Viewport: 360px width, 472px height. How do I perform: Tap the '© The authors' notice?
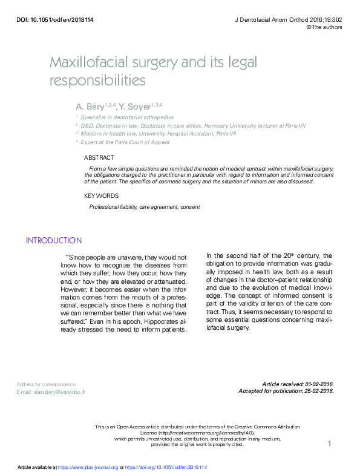[x=324, y=27]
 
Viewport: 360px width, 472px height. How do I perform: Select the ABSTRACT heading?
[x=99, y=158]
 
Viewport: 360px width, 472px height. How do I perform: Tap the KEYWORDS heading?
[x=101, y=195]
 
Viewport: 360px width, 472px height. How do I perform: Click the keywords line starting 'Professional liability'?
[x=145, y=207]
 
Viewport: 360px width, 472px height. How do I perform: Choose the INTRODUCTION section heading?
[x=54, y=240]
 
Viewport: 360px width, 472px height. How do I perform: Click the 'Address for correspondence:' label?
[x=47, y=384]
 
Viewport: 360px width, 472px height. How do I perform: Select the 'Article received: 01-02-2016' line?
[x=298, y=384]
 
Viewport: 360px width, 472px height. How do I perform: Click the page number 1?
[x=329, y=444]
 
